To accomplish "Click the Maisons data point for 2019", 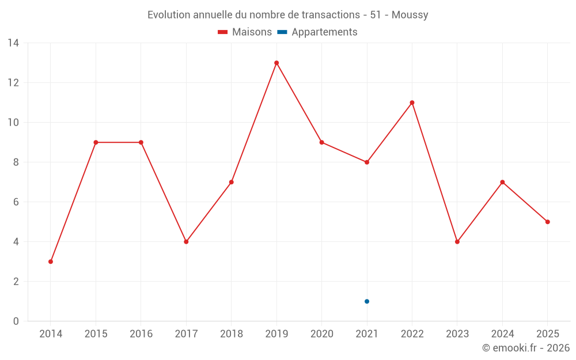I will pos(276,63).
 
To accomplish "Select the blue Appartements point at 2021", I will pos(367,301).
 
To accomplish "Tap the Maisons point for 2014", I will pos(51,262).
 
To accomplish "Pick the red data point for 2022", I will pos(412,103).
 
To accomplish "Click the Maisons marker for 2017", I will pos(186,242).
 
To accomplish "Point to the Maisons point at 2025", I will pos(548,222).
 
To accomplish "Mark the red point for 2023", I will pos(457,242).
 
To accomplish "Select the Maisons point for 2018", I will pos(231,182).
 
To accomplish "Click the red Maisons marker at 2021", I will pos(367,162).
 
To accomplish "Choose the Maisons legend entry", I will pos(245,32).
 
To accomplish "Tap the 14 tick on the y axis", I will pos(13,43).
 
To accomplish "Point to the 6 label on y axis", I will pos(16,202).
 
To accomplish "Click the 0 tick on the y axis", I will pos(16,321).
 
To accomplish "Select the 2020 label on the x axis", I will pos(321,334).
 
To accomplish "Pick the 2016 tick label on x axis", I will pos(141,334).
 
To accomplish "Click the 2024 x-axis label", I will pos(502,334).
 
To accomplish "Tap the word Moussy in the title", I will pos(410,15).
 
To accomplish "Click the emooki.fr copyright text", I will pos(526,348).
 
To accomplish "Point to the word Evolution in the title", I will pos(168,15).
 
